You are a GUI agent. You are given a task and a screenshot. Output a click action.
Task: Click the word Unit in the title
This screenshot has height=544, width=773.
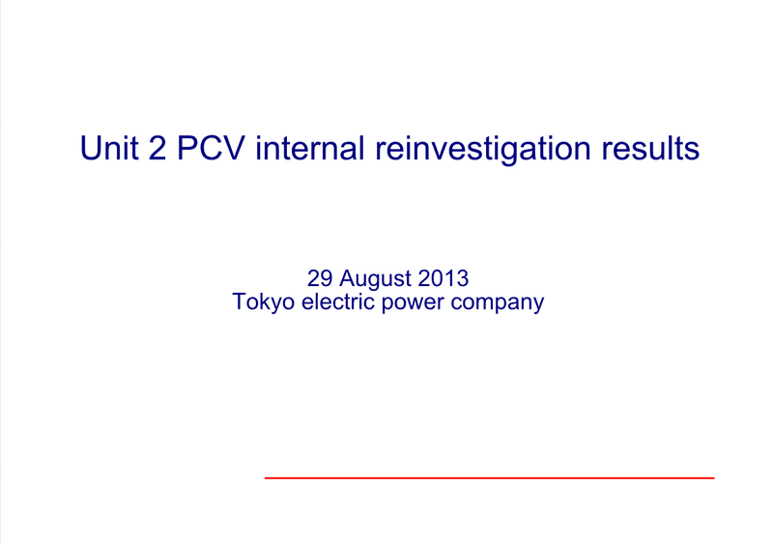tap(109, 148)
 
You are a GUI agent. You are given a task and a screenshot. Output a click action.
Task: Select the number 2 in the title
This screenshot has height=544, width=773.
tap(157, 148)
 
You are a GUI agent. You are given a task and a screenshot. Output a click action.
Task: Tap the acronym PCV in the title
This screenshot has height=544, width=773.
tap(211, 148)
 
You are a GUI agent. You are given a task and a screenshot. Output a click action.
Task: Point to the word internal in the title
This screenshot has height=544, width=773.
tap(310, 148)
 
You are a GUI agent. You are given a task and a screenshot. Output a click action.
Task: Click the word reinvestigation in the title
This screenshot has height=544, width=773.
tap(482, 150)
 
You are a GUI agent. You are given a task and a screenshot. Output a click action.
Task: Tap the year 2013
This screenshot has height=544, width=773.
tap(443, 278)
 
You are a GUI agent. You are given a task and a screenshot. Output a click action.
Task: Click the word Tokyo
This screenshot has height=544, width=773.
tap(263, 302)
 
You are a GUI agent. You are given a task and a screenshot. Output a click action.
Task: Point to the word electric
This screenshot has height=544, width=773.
tap(338, 301)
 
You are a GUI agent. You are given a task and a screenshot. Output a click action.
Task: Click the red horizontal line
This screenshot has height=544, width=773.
tap(489, 477)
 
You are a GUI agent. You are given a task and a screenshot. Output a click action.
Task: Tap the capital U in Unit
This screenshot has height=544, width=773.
tap(91, 148)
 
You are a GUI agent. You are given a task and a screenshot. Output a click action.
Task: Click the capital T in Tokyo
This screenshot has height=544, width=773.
tap(239, 301)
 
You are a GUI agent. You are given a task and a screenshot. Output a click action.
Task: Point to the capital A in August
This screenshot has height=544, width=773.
tap(347, 278)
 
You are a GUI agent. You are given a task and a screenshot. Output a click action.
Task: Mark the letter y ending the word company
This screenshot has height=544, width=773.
tap(538, 305)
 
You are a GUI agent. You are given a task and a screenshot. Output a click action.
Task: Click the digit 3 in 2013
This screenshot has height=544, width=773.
tap(462, 278)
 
